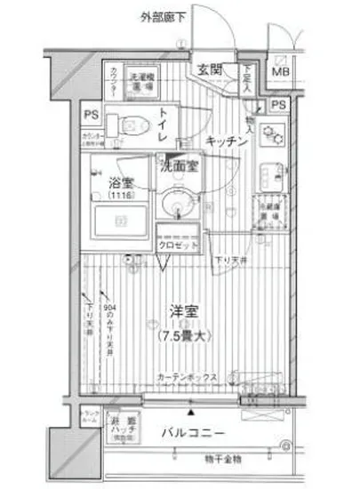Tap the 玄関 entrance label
[209, 70]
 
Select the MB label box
[280, 72]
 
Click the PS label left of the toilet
[92, 115]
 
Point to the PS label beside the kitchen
[279, 105]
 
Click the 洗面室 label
[179, 164]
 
